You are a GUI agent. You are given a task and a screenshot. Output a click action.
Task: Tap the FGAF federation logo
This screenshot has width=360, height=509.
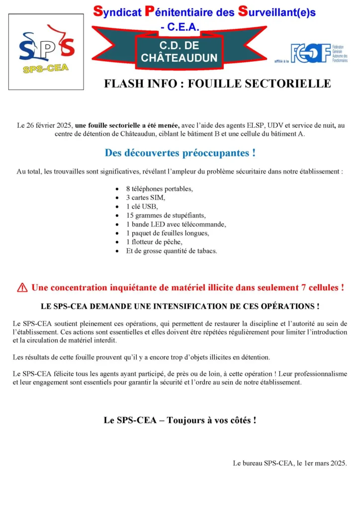coord(319,53)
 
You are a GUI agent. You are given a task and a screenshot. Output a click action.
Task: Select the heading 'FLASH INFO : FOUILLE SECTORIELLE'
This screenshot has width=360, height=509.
coord(217,84)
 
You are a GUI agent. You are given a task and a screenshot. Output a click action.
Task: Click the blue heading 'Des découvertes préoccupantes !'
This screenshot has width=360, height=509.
coord(180,153)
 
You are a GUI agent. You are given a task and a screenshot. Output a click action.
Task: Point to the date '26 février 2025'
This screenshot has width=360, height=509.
coord(49,126)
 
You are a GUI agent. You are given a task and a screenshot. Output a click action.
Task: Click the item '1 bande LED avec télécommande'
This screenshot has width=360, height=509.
coord(176,224)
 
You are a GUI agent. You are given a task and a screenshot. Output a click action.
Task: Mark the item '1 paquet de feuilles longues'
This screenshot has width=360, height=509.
coord(168,233)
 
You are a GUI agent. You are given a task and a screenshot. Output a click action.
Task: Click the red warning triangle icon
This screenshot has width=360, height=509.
coord(22,287)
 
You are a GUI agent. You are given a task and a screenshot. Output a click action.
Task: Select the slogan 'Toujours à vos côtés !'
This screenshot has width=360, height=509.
coord(212,420)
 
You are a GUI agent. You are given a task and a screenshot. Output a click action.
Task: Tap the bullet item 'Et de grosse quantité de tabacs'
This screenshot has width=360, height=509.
coord(172,251)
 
